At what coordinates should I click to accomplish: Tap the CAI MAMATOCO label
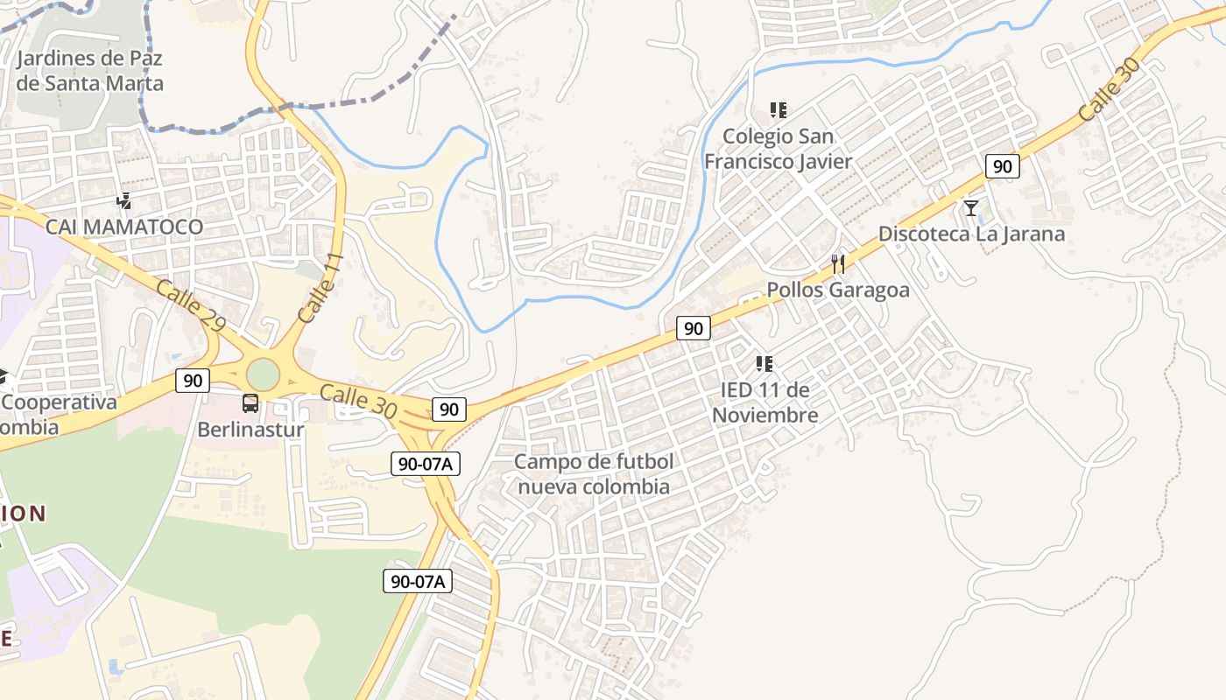click(x=124, y=227)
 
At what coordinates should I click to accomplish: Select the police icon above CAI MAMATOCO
click(x=124, y=201)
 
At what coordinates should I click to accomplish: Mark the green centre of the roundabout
click(x=262, y=374)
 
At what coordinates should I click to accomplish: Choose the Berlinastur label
click(x=250, y=430)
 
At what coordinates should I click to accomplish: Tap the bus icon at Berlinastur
click(x=250, y=403)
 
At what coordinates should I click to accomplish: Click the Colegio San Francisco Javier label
click(x=779, y=149)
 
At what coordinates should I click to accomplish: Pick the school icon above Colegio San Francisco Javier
click(x=779, y=110)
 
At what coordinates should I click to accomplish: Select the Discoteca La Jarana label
click(x=971, y=234)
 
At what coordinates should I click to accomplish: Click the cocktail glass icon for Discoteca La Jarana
click(x=971, y=208)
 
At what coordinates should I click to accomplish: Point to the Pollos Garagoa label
click(x=838, y=290)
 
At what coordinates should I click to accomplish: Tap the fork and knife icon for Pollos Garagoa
click(x=838, y=264)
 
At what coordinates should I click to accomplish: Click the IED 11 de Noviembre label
click(x=765, y=402)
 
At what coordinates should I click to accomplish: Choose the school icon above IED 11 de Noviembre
click(x=764, y=363)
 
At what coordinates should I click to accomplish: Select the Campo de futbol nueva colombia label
click(x=594, y=474)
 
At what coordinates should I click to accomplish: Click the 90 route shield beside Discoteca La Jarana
click(x=1003, y=166)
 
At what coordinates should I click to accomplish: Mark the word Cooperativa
click(x=60, y=402)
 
